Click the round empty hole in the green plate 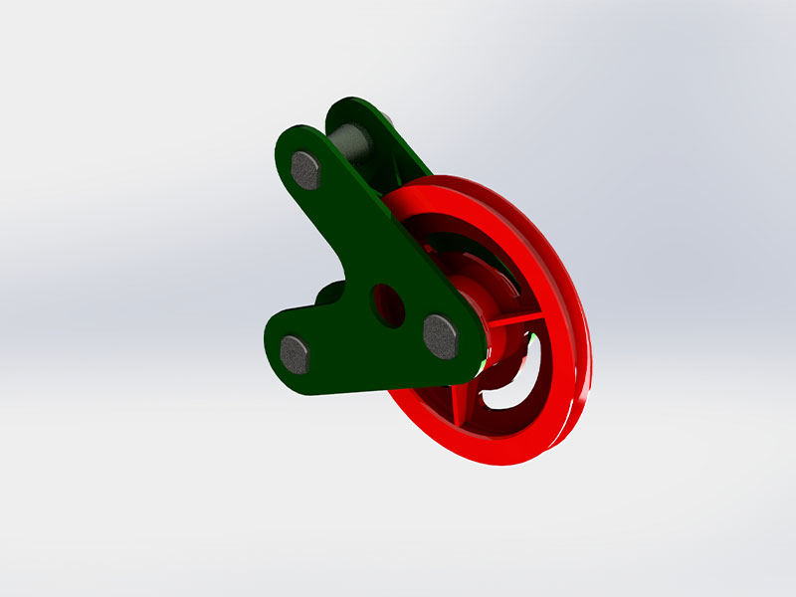388,306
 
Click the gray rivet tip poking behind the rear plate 387,121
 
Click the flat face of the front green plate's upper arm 338,209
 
